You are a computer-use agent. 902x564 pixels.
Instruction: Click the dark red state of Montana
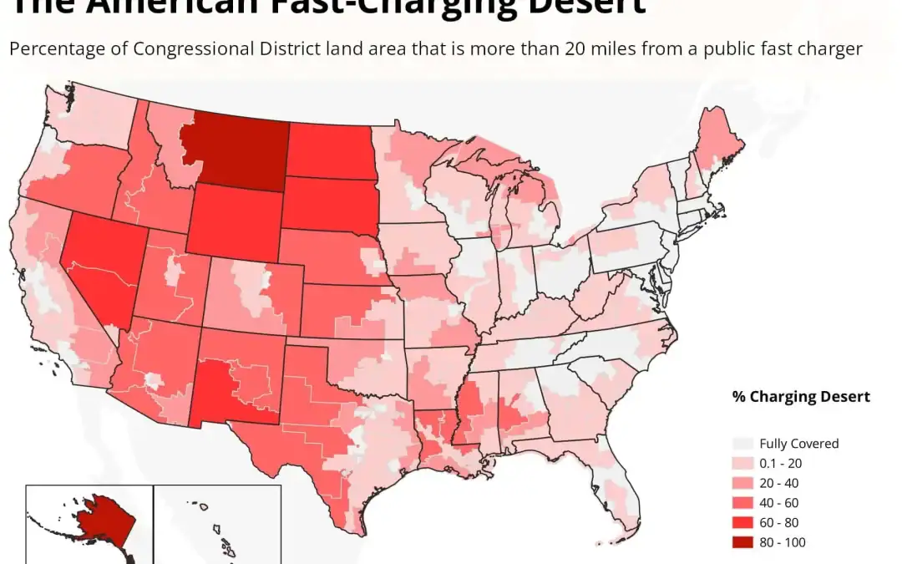coord(238,146)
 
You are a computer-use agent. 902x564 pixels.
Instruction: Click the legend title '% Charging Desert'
coord(800,396)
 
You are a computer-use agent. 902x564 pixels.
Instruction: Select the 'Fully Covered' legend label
coord(798,444)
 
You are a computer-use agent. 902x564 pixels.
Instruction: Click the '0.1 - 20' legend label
coord(782,463)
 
